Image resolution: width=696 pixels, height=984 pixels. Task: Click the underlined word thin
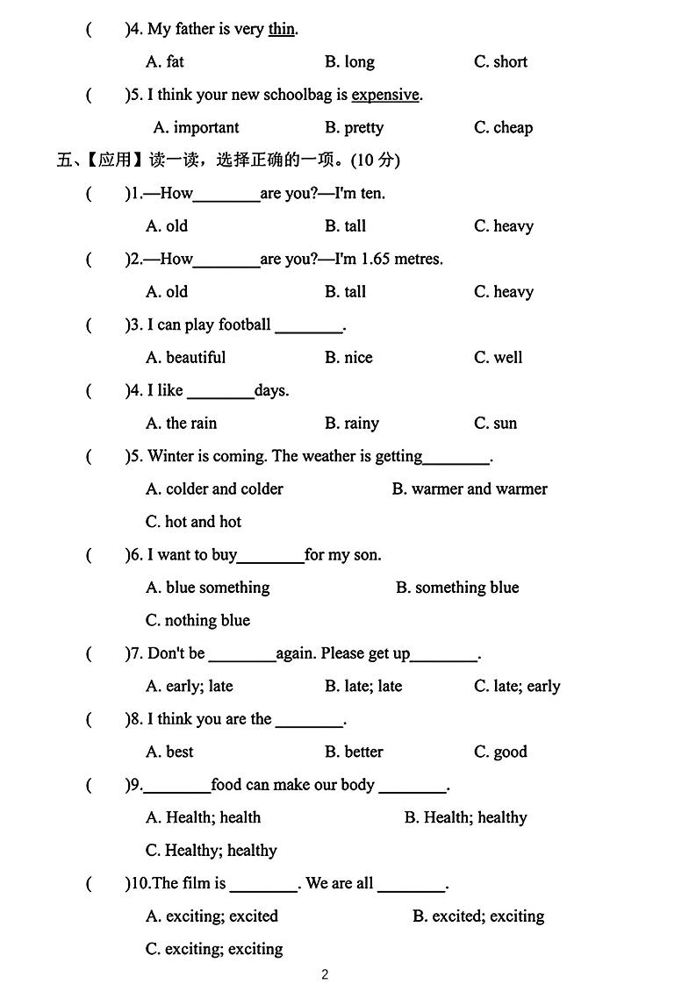pos(281,29)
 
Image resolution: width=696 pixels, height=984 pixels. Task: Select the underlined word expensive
pos(385,95)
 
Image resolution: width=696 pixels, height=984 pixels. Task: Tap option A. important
pos(196,128)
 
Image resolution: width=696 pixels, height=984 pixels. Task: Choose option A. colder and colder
pos(214,489)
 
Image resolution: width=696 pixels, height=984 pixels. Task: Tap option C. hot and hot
pos(193,522)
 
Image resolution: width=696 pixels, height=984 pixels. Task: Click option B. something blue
pos(456,588)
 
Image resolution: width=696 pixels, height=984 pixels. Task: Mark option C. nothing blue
pos(197,621)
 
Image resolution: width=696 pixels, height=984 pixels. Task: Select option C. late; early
pos(517,687)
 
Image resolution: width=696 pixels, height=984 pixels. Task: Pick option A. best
pos(169,752)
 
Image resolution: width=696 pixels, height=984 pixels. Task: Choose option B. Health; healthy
pos(465,818)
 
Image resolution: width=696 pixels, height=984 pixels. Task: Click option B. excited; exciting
pos(478,916)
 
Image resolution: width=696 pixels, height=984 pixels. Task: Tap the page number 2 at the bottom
pos(325,973)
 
